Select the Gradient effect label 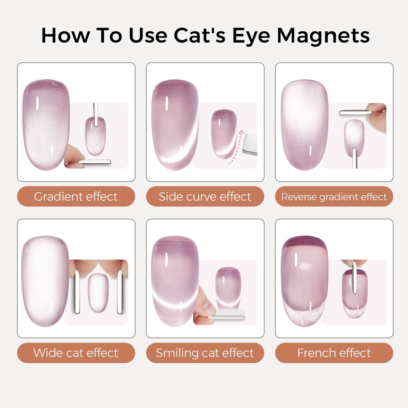click(76, 196)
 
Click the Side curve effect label click(205, 196)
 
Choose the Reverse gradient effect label click(334, 196)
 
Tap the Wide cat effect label click(76, 353)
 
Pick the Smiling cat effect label click(205, 353)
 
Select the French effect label click(334, 353)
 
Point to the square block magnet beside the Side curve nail click(250, 144)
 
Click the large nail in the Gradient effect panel click(46, 125)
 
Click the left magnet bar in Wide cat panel click(77, 292)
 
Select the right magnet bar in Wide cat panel click(120, 292)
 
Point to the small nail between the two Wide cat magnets click(98, 293)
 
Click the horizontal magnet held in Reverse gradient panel click(355, 112)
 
